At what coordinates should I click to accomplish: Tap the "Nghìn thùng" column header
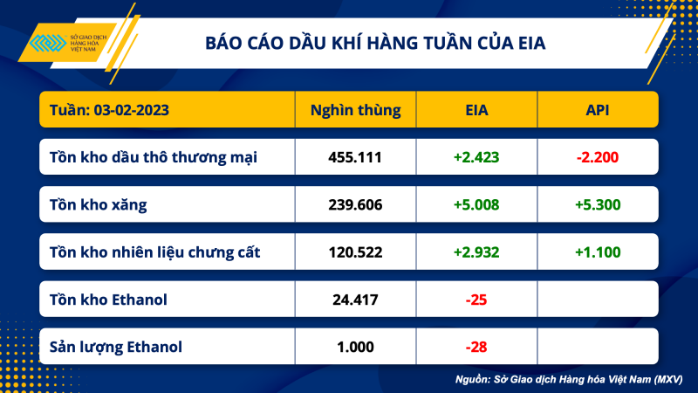coord(355,111)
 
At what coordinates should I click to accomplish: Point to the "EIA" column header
coord(476,111)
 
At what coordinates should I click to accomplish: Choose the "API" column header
coord(598,111)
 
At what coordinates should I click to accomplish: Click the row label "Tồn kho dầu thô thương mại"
coord(154,158)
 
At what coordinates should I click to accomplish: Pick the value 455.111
coord(355,158)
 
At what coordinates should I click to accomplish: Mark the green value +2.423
coord(476,158)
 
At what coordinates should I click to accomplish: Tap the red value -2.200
coord(598,158)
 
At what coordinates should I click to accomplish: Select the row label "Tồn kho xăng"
coord(98,205)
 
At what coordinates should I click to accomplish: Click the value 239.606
coord(355,205)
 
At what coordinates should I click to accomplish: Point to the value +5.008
coord(476,205)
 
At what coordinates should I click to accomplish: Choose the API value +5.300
coord(598,205)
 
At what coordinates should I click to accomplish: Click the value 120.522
coord(355,252)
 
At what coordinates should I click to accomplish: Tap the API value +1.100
coord(598,252)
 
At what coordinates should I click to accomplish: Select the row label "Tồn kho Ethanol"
coord(109,300)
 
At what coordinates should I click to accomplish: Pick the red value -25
coord(476,300)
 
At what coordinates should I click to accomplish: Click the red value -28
coord(476,347)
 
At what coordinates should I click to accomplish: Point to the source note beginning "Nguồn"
coord(568,380)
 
